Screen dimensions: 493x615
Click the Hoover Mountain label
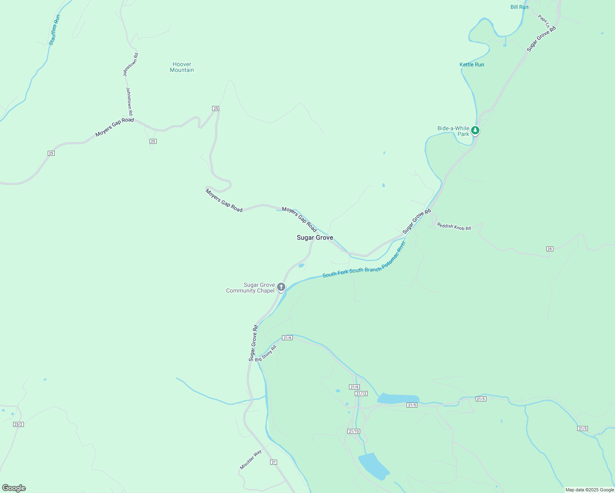pyautogui.click(x=182, y=67)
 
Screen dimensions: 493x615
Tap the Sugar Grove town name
pyautogui.click(x=315, y=238)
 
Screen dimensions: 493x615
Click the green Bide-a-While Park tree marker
pyautogui.click(x=475, y=131)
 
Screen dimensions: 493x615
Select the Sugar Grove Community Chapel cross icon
pyautogui.click(x=281, y=287)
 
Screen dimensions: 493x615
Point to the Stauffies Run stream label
pyautogui.click(x=54, y=30)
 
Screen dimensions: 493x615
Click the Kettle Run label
pyautogui.click(x=472, y=65)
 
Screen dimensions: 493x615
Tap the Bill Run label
pyautogui.click(x=519, y=7)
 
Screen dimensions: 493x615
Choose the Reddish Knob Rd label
pyautogui.click(x=454, y=226)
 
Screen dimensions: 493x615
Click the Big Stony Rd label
pyautogui.click(x=266, y=354)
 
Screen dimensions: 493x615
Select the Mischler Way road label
pyautogui.click(x=251, y=460)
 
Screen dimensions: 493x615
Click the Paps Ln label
pyautogui.click(x=543, y=21)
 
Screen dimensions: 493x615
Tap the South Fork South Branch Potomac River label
pyautogui.click(x=364, y=260)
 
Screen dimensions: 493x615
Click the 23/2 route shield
pyautogui.click(x=18, y=424)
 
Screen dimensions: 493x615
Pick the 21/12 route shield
pyautogui.click(x=361, y=394)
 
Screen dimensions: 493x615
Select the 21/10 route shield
pyautogui.click(x=354, y=431)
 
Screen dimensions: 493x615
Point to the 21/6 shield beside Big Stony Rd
pyautogui.click(x=287, y=338)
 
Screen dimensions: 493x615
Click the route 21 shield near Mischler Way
pyautogui.click(x=274, y=462)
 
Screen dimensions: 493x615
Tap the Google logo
pyautogui.click(x=13, y=488)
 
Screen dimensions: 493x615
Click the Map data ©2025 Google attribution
pyautogui.click(x=590, y=490)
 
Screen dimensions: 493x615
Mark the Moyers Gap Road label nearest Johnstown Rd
pyautogui.click(x=115, y=127)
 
